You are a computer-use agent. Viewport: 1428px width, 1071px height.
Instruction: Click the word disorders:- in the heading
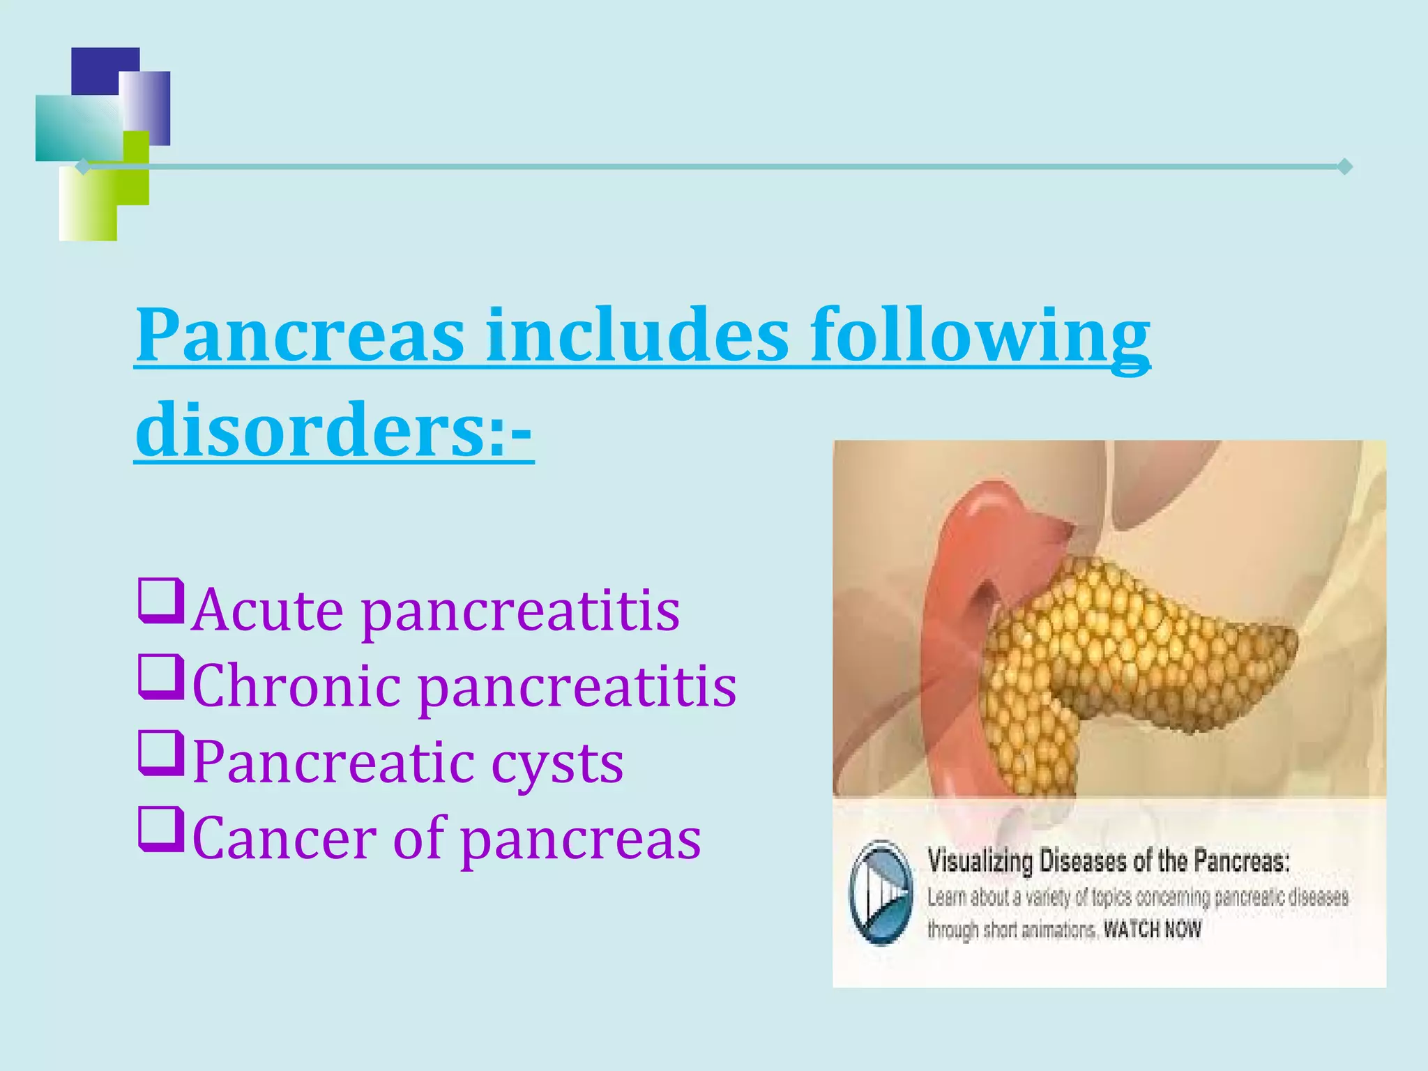(334, 429)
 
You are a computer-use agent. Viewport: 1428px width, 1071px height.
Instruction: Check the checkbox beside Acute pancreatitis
(161, 600)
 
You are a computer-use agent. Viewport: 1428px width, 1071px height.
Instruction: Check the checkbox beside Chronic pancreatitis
(161, 676)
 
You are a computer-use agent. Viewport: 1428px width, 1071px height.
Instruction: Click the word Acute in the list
(268, 611)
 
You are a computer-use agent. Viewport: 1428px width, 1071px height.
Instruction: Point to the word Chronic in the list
(296, 686)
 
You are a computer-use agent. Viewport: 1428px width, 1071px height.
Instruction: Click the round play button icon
(881, 892)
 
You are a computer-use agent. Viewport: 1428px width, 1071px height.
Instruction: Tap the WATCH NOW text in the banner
(1152, 929)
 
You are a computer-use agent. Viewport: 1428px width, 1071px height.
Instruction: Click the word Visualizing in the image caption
(979, 862)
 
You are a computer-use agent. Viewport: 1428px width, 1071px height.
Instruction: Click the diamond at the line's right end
(1345, 167)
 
